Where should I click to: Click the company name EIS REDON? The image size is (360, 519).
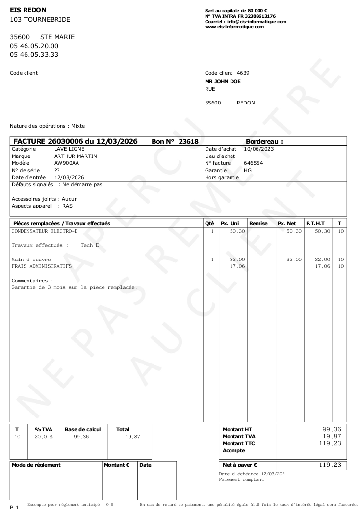tap(29, 10)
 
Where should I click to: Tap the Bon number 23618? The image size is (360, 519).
tap(188, 141)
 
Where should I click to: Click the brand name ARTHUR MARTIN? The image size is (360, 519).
tap(76, 156)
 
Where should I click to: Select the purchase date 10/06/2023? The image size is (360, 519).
tap(259, 149)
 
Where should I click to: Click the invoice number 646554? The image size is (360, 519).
tap(253, 163)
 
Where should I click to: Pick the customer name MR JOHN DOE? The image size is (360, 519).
tap(223, 81)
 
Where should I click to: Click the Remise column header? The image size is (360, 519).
tap(258, 223)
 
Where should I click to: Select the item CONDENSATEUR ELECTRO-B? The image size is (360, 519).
tap(45, 231)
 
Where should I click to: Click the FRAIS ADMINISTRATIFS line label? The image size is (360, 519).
tap(41, 266)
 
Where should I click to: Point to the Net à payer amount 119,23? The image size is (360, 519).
tap(330, 465)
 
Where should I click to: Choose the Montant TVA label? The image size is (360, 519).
tap(239, 436)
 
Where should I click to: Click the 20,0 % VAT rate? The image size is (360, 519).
tap(43, 436)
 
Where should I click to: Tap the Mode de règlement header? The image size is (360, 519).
tap(36, 465)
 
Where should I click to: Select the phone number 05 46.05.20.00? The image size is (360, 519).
tap(34, 46)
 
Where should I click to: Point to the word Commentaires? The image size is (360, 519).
tap(31, 281)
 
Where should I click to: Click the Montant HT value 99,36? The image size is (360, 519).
tap(330, 429)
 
